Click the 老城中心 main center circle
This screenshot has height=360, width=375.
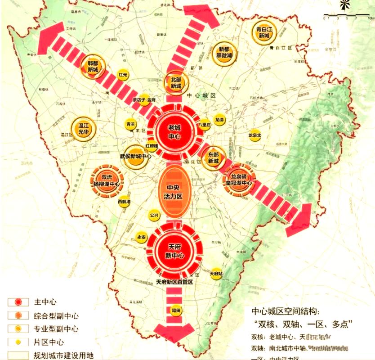tap(174, 131)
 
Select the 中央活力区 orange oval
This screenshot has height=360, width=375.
tap(173, 192)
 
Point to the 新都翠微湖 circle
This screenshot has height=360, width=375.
tap(224, 53)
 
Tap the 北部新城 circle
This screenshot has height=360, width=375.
tap(176, 83)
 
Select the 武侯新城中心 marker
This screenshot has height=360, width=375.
tap(135, 156)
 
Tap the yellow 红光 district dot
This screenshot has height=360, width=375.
tap(123, 75)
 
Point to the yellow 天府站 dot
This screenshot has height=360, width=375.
tap(216, 273)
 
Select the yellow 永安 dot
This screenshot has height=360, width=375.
tap(141, 238)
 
